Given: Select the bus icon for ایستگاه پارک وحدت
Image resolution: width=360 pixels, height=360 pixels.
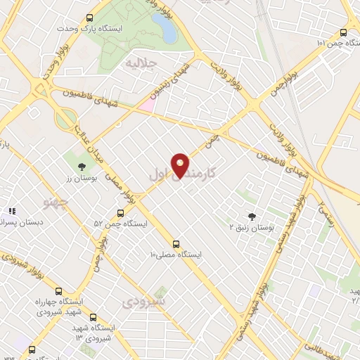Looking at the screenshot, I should tap(89, 19).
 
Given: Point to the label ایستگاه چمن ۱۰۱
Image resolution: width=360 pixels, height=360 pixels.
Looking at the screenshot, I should tap(321, 43).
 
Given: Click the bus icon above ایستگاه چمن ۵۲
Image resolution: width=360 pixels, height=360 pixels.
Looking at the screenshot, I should tap(121, 212).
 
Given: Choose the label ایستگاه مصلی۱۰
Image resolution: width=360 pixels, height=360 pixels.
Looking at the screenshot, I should tap(174, 255).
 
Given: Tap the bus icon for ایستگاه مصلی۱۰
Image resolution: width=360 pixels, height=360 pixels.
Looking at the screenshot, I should tap(175, 243).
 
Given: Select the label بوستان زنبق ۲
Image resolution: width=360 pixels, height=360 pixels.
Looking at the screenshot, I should tap(252, 228).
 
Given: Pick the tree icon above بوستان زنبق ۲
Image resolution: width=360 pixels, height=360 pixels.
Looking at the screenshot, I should tap(252, 217).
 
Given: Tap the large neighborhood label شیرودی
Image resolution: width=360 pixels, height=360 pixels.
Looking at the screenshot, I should tap(143, 302).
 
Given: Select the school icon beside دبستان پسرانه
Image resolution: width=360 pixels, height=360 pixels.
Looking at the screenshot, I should tap(11, 210).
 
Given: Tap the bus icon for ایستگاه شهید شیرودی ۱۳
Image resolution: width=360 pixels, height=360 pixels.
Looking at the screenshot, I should tap(94, 318).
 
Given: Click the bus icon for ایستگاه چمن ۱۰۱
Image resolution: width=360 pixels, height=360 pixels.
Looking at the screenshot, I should tap(343, 32).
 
